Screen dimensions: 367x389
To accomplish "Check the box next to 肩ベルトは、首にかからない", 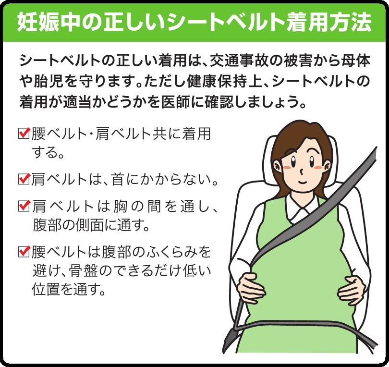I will coord(24,180).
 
